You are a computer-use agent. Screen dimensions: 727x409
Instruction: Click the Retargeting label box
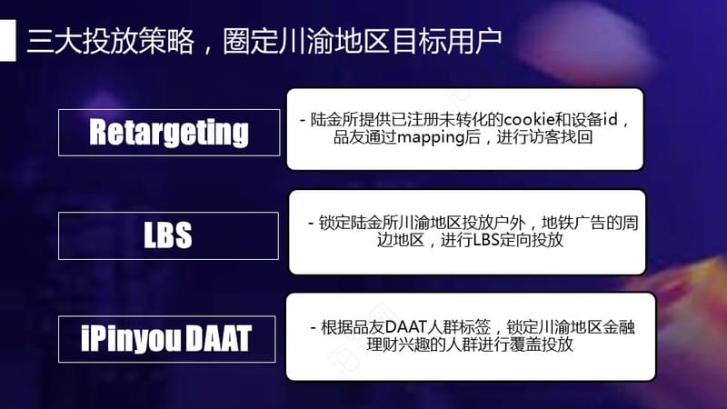tap(169, 133)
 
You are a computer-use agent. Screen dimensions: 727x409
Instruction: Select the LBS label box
tap(168, 235)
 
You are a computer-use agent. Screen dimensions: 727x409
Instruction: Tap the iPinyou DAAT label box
tap(167, 339)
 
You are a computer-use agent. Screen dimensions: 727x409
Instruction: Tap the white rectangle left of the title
tap(8, 40)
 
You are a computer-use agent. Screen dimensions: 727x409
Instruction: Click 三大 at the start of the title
tap(55, 41)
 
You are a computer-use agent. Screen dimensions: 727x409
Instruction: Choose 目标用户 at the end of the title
tap(447, 41)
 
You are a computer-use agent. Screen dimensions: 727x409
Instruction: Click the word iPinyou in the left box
tap(131, 338)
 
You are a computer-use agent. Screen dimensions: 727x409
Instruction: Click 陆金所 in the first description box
tap(334, 120)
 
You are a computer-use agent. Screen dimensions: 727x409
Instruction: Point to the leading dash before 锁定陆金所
tap(311, 224)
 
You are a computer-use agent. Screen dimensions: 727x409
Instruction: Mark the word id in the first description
tap(611, 120)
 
